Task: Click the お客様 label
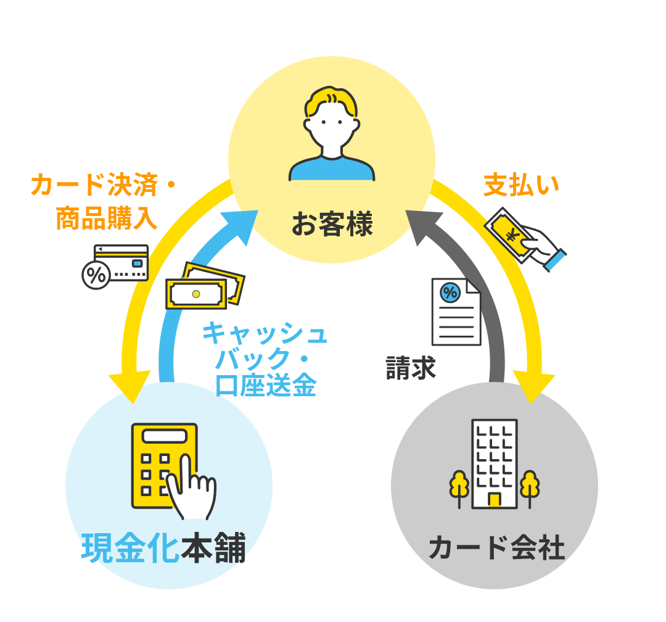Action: tap(332, 223)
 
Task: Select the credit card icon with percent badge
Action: tap(115, 267)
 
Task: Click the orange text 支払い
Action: tap(521, 185)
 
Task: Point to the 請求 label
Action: tap(411, 367)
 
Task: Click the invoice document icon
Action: tap(456, 312)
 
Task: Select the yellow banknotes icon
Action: tap(205, 286)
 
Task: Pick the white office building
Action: tap(495, 464)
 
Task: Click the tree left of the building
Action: tap(459, 488)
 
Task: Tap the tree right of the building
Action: tap(530, 488)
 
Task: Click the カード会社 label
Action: tap(496, 547)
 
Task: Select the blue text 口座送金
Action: tap(266, 385)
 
